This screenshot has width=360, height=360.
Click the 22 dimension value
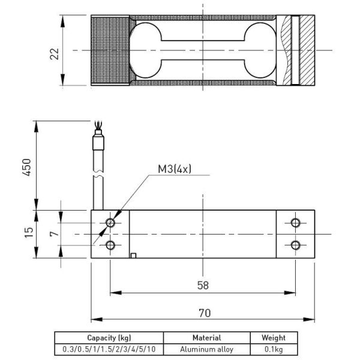pos(55,54)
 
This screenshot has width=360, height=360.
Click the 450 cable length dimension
pos(26,167)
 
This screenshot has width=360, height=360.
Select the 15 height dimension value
pos(29,232)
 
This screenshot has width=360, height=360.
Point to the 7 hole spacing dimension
pos(54,234)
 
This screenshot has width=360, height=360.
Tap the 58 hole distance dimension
pos(203,286)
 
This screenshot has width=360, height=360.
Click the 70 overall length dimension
pos(205,313)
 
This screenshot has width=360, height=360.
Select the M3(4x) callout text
pos(175,169)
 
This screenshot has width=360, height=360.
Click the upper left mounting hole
pos(110,223)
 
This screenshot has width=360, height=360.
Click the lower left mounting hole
pos(110,245)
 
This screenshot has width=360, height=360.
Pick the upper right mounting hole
pos(295,223)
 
